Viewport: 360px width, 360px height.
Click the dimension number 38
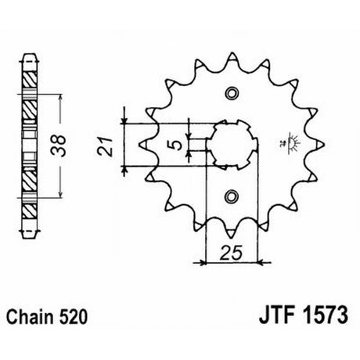(59, 145)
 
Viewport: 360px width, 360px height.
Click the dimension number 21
(105, 146)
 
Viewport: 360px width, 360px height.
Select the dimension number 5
(177, 145)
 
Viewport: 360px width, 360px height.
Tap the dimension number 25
(231, 253)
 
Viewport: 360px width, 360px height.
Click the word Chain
(31, 317)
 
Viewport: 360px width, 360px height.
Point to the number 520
(74, 317)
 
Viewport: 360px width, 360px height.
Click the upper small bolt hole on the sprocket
(232, 93)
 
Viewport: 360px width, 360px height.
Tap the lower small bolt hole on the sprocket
(232, 196)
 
